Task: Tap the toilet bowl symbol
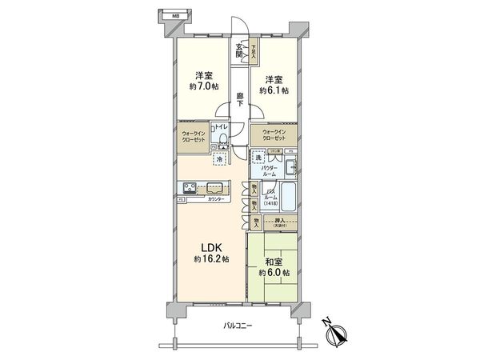click(x=224, y=142)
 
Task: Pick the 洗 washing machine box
click(x=258, y=158)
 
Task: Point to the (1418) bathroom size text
click(x=272, y=203)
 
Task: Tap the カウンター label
click(x=216, y=199)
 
